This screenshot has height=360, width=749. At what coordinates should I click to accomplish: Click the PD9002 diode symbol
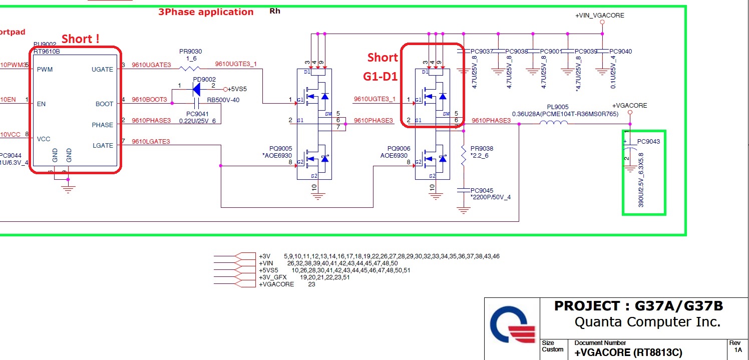(196, 89)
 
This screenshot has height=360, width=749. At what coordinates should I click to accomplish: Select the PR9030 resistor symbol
(190, 69)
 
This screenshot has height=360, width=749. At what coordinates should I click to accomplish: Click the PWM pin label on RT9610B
(45, 69)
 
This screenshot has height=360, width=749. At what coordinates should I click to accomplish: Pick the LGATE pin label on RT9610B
(102, 145)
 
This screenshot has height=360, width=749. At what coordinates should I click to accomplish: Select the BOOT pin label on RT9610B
(104, 104)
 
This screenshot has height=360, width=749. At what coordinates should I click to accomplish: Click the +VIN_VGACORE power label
(599, 16)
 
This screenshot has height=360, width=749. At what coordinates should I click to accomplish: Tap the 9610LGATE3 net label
(151, 142)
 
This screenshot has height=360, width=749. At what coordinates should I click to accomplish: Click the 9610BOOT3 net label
(149, 100)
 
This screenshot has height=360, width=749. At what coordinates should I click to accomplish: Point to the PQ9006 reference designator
(399, 149)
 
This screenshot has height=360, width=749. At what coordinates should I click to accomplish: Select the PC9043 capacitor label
(648, 141)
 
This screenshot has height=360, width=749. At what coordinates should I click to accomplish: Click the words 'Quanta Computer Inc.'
(647, 321)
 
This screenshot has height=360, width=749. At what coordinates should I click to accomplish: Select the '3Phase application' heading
(206, 12)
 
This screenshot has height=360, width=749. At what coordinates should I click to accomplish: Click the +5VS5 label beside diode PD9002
(238, 89)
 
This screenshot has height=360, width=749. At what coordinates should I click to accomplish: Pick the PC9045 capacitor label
(482, 190)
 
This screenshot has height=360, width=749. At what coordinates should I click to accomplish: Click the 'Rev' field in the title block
(735, 342)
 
